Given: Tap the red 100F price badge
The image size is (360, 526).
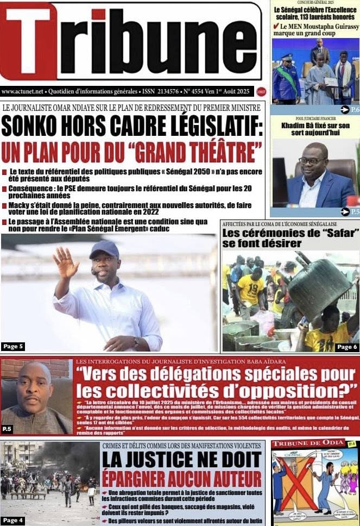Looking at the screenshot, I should (262, 92).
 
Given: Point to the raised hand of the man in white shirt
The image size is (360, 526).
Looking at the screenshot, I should (66, 262).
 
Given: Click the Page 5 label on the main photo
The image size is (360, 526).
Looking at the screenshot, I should (14, 346).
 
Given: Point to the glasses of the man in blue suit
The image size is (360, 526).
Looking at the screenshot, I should (313, 160).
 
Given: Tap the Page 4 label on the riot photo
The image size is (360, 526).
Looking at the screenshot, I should (13, 520).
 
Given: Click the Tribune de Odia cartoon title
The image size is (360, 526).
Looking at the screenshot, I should (308, 443).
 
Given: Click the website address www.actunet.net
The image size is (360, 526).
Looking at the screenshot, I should (24, 91).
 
